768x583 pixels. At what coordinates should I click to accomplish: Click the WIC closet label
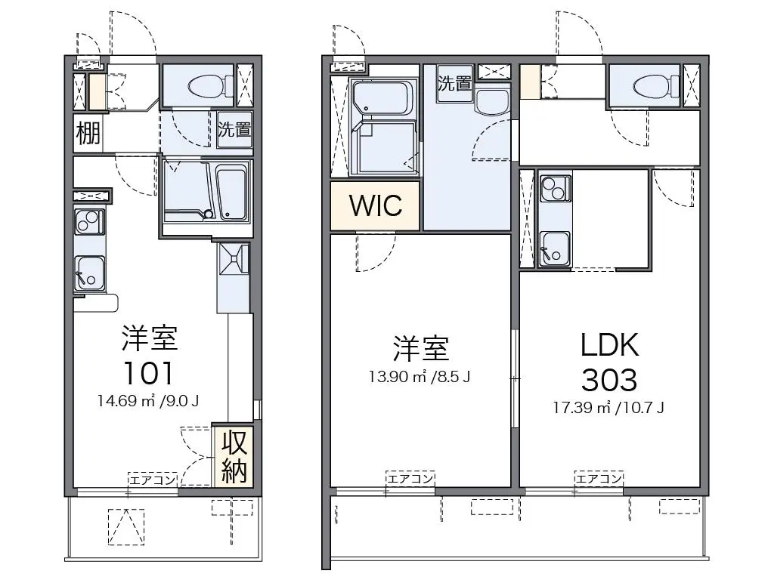[375, 205]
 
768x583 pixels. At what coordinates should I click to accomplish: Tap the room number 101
[148, 374]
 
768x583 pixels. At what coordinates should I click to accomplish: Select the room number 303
[609, 379]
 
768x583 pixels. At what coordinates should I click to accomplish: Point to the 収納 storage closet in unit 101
[233, 457]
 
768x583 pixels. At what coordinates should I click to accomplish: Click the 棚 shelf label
[88, 132]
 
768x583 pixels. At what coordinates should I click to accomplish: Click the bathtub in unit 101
[231, 194]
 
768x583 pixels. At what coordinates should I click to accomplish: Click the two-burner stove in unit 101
[89, 222]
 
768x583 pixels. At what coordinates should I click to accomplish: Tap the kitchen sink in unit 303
[555, 248]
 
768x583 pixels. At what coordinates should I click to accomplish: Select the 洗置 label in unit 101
[234, 130]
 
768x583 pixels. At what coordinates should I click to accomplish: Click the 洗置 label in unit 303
[455, 83]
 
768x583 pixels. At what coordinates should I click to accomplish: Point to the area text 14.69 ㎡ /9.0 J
[148, 402]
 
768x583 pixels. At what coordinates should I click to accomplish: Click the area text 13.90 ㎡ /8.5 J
[420, 377]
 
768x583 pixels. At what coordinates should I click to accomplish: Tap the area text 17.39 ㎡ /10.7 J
[609, 407]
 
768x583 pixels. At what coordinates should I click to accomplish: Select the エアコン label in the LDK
[599, 478]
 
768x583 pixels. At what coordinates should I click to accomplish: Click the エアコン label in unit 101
[153, 480]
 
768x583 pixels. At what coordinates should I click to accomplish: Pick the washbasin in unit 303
[492, 102]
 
